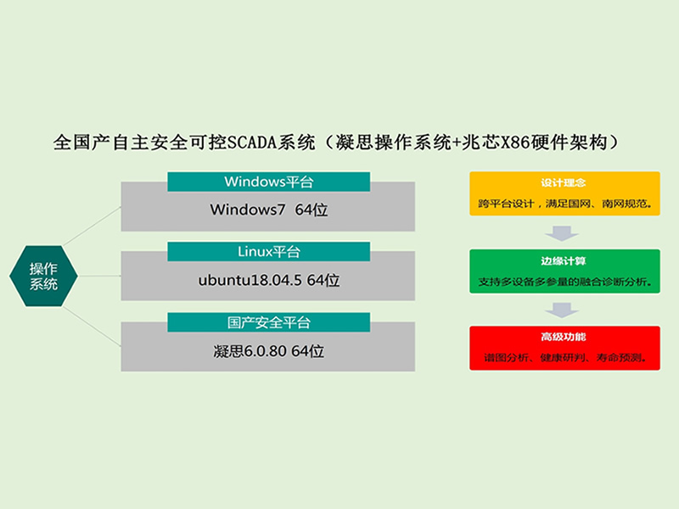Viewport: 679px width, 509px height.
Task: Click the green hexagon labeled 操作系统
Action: (43, 277)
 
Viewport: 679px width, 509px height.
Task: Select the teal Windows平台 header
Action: (268, 182)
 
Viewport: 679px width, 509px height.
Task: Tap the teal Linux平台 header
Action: (268, 251)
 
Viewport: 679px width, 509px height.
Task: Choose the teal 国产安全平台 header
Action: (268, 322)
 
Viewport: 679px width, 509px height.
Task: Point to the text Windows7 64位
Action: (269, 210)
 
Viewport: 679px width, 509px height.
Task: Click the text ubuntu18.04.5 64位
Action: (269, 281)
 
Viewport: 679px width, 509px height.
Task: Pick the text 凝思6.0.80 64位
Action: (269, 351)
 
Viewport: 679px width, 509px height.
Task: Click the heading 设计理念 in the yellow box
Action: (563, 182)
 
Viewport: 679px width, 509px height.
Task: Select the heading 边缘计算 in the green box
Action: (563, 261)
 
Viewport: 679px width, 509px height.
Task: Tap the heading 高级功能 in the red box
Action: (563, 337)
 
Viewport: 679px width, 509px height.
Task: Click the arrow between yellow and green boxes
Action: (562, 233)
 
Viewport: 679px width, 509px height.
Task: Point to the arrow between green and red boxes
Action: (562, 310)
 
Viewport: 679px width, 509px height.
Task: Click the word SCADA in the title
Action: (252, 143)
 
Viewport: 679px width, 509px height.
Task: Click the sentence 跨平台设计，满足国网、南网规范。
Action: (564, 204)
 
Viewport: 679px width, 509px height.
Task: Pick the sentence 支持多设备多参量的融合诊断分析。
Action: (564, 282)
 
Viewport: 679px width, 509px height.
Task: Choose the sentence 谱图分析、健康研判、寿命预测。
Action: (565, 358)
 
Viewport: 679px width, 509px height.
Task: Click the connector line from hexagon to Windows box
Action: (93, 226)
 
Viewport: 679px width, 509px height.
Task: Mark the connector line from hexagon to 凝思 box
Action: (93, 327)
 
